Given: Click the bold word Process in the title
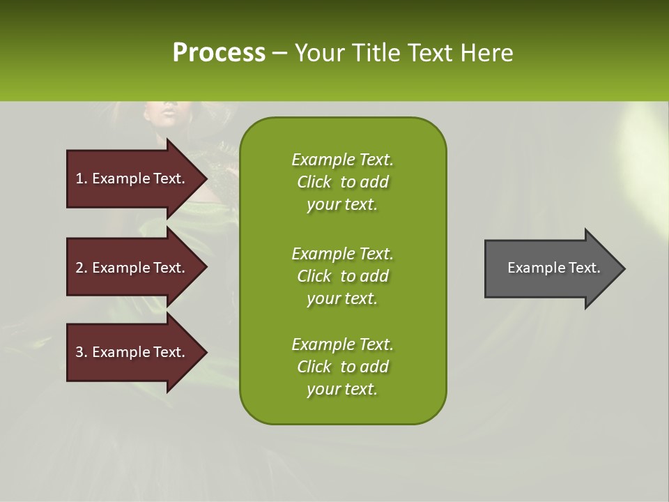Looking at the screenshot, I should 219,53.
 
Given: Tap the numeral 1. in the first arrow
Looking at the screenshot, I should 82,178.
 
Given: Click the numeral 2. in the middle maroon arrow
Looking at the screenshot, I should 82,268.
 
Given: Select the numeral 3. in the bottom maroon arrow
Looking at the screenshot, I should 82,352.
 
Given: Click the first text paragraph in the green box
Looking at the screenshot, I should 342,182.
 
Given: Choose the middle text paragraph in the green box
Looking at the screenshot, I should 342,276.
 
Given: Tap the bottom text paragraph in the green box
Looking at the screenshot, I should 342,367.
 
